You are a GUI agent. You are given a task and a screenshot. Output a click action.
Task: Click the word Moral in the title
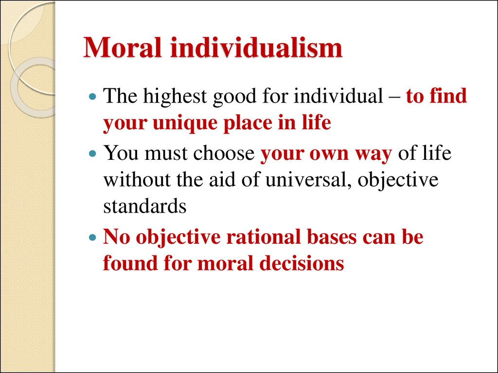pyautogui.click(x=123, y=47)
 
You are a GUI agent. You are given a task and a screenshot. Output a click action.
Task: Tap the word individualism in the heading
pyautogui.click(x=256, y=47)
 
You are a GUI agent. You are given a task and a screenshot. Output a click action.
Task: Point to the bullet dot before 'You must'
pyautogui.click(x=93, y=153)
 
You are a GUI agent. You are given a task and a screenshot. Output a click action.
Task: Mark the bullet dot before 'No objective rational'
pyautogui.click(x=93, y=237)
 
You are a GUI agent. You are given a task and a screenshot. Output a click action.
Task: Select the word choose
pyautogui.click(x=224, y=153)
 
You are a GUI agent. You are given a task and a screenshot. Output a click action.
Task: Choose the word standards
pyautogui.click(x=145, y=206)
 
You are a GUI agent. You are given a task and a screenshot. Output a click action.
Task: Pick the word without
pyautogui.click(x=137, y=180)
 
